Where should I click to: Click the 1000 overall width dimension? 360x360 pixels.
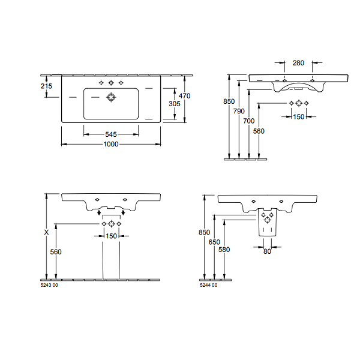pos(111,144)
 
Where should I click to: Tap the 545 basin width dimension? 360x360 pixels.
pos(111,134)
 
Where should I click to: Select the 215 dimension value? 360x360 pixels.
pos(46,86)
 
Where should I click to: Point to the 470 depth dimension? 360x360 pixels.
pos(185,96)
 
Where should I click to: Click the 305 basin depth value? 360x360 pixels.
pos(175,104)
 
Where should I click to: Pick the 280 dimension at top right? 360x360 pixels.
pos(298,63)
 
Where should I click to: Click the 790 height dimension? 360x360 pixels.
pos(239,111)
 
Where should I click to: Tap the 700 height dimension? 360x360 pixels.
pos(249,121)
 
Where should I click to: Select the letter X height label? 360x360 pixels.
pos(46,233)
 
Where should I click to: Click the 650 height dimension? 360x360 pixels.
pos(214,242)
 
